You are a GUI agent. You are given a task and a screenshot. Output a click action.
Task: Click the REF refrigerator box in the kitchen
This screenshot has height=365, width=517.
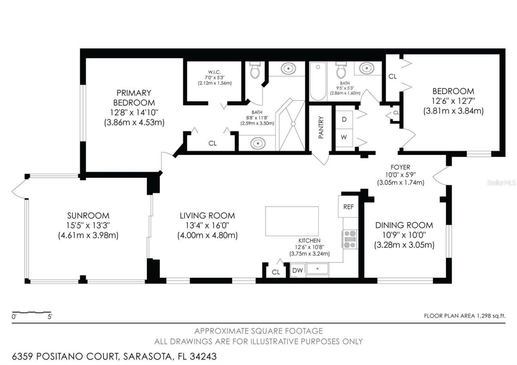tap(348, 206)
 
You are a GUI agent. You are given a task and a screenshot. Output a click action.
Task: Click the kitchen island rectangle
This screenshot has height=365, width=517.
tap(292, 221)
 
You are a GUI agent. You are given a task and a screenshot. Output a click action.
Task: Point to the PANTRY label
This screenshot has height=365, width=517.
tap(321, 128)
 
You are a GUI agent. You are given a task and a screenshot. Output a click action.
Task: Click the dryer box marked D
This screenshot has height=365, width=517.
tap(344, 120)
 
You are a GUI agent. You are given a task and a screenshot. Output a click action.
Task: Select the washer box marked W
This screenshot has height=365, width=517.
tap(344, 137)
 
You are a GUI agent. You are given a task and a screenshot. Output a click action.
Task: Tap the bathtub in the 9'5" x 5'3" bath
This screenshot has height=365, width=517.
tap(318, 82)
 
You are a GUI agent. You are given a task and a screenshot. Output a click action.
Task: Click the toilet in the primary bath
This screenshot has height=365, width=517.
tap(254, 70)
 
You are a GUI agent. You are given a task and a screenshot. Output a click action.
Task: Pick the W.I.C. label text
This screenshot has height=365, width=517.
tap(214, 73)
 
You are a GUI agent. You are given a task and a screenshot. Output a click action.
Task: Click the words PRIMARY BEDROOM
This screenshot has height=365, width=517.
tap(134, 98)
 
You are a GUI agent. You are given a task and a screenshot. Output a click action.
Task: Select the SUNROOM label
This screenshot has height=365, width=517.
tap(88, 216)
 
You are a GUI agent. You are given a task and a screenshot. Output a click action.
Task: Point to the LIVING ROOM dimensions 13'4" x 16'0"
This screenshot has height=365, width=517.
tap(207, 226)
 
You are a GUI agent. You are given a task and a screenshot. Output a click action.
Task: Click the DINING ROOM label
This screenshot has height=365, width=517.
tap(404, 225)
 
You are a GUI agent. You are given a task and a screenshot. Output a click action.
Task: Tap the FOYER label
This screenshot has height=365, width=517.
tap(400, 167)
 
